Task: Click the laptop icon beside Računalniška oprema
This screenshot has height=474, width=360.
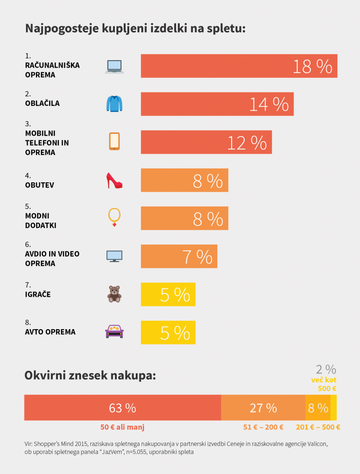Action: [114, 67]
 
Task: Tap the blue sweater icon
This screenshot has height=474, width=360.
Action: [114, 104]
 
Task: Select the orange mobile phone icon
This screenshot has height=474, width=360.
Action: [114, 141]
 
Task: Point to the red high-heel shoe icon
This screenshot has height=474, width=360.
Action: [114, 180]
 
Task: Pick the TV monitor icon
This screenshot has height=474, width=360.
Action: [114, 256]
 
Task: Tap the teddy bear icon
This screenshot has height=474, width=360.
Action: [114, 294]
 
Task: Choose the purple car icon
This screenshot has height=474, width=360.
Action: [114, 331]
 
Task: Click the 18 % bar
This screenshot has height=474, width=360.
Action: [239, 66]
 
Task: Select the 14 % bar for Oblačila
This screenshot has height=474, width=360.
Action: [217, 104]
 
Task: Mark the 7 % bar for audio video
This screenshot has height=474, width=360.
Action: [179, 256]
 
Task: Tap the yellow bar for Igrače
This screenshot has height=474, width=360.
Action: [168, 294]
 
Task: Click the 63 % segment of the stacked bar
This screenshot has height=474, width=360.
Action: [122, 408]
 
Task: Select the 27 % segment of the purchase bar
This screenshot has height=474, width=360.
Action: [263, 408]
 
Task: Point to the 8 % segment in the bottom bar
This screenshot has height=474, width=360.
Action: [318, 408]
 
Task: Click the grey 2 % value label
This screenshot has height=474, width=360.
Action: [326, 369]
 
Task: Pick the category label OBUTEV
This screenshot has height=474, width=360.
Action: [40, 185]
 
